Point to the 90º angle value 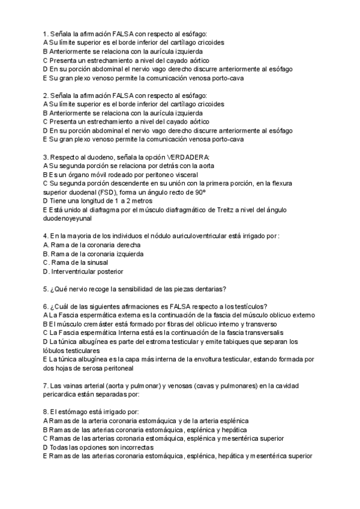tap(199, 191)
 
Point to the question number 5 tap(46, 288)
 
